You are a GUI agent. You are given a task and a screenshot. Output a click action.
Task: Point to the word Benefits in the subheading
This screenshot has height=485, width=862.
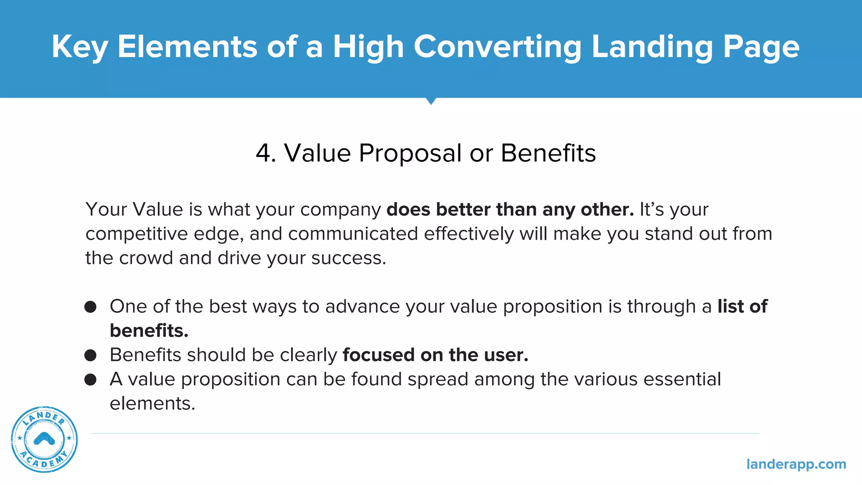pyautogui.click(x=548, y=153)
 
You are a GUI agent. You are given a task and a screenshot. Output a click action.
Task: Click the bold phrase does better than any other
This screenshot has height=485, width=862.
pyautogui.click(x=510, y=210)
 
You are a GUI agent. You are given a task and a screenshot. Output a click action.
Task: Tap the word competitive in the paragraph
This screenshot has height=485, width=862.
pyautogui.click(x=136, y=234)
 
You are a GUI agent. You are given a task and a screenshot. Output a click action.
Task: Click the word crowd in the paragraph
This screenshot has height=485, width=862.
pyautogui.click(x=146, y=258)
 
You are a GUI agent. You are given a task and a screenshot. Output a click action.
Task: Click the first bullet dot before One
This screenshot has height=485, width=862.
pyautogui.click(x=90, y=306)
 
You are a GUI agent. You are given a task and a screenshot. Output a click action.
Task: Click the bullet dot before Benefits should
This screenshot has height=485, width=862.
pyautogui.click(x=90, y=355)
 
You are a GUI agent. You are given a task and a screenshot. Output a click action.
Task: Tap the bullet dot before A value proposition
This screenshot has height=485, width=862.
pyautogui.click(x=90, y=380)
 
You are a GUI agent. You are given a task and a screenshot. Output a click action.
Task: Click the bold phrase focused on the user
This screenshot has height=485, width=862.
pyautogui.click(x=435, y=355)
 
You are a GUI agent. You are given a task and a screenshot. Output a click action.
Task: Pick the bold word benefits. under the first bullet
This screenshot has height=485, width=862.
pyautogui.click(x=149, y=331)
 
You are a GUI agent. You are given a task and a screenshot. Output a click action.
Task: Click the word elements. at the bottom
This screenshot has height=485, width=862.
pyautogui.click(x=152, y=404)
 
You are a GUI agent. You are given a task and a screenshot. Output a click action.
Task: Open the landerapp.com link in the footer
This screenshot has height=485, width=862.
pyautogui.click(x=796, y=464)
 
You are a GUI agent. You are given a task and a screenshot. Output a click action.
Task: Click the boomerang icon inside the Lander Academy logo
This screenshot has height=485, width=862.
pyautogui.click(x=44, y=439)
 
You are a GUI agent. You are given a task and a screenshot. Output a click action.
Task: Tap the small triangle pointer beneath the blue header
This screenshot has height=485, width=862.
pyautogui.click(x=431, y=101)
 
